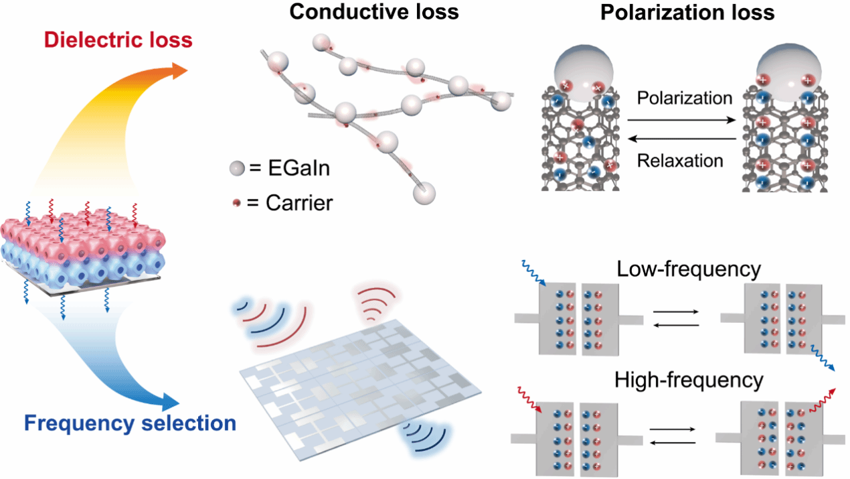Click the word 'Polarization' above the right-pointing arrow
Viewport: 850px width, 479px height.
click(684, 98)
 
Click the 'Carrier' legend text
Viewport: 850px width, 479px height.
click(290, 202)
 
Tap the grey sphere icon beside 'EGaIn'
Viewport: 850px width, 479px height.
click(236, 169)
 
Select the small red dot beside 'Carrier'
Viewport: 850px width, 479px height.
click(236, 202)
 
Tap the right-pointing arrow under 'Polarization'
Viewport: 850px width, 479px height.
click(684, 119)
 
